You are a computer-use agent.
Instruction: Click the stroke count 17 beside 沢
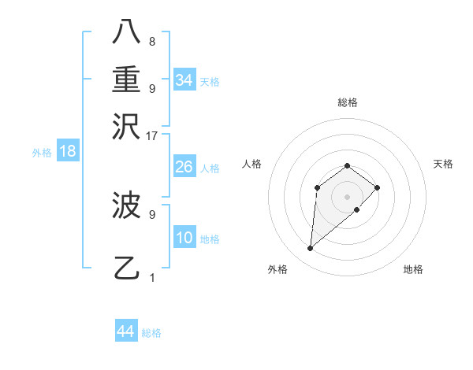[151, 135]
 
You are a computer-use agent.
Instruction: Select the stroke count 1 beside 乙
[151, 277]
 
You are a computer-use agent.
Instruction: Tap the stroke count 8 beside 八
[151, 41]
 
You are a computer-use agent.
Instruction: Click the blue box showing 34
[184, 80]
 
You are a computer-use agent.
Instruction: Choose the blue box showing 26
[184, 167]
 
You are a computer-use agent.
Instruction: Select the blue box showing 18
[68, 151]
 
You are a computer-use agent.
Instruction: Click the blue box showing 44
[125, 331]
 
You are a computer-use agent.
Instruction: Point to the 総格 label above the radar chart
[348, 102]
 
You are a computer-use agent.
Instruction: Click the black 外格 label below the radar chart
[277, 269]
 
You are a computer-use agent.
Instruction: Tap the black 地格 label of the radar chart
[413, 269]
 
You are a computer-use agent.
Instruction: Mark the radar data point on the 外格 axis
[311, 249]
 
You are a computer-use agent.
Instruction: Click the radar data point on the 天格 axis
[378, 187]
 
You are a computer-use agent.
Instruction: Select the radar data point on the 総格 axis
[348, 165]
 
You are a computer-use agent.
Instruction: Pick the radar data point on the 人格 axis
[317, 187]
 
